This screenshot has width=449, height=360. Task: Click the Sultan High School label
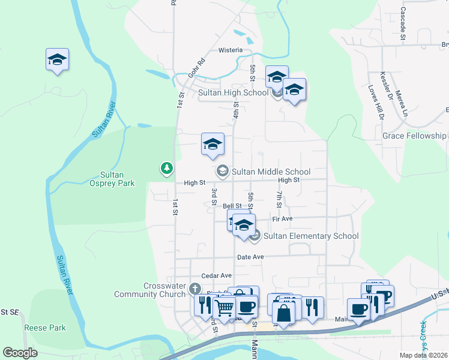pos(234,92)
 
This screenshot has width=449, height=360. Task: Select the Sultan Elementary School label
pos(311,236)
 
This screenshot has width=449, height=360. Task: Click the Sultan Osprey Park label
pos(112,179)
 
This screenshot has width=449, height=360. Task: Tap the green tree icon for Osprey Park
pos(166,169)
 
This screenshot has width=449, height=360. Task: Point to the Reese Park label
pos(45,328)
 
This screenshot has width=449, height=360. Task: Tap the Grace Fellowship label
pos(414,136)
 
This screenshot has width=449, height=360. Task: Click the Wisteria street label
pos(231,50)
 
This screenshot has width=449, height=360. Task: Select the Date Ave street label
pos(250,257)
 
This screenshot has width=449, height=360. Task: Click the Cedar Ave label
pos(216,275)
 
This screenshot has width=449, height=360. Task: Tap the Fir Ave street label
pos(282,219)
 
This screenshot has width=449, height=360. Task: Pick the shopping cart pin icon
pos(224,307)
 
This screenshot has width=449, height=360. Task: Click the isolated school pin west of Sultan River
pos(58,59)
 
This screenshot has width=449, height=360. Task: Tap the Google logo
pos(20,353)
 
